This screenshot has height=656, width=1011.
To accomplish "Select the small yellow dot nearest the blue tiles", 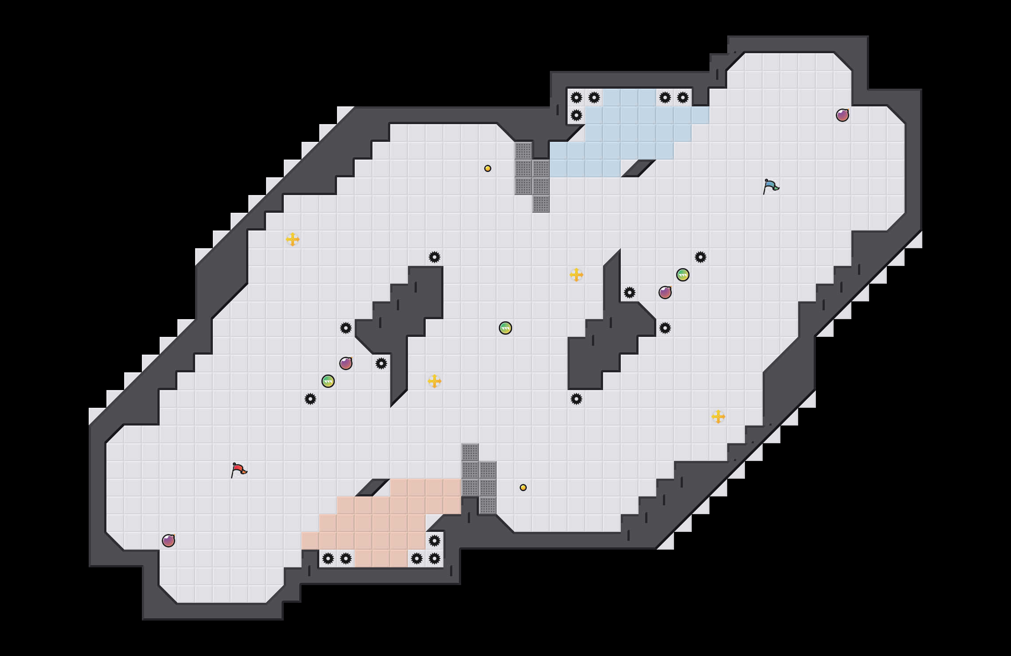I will click(x=488, y=168).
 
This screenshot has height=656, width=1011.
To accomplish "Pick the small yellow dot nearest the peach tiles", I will click(x=523, y=488).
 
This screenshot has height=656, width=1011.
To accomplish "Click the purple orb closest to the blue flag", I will click(x=842, y=115).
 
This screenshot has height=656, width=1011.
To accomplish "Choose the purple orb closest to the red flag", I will click(x=168, y=541).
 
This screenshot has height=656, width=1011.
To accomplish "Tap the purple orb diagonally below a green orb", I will click(x=665, y=293).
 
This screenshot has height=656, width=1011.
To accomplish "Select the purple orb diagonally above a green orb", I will click(x=346, y=363).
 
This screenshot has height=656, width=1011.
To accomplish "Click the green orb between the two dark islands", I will click(x=505, y=328).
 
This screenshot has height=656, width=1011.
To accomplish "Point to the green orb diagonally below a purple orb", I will click(x=328, y=381).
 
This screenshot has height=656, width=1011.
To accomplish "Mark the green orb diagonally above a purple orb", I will click(x=683, y=275).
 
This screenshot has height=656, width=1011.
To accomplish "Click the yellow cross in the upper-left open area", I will click(x=293, y=239).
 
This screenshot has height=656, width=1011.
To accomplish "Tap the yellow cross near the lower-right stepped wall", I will click(x=718, y=417).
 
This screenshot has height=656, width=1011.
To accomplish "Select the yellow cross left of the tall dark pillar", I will click(x=576, y=275).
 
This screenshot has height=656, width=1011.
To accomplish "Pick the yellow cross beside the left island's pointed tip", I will click(x=435, y=381).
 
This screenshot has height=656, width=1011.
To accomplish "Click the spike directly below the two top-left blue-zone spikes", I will click(x=576, y=115).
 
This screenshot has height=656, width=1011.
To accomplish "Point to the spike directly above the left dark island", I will click(x=435, y=257).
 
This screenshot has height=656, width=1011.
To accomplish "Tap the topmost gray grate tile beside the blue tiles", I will click(x=523, y=151).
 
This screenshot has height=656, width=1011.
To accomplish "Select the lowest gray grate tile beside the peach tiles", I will click(x=488, y=505).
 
